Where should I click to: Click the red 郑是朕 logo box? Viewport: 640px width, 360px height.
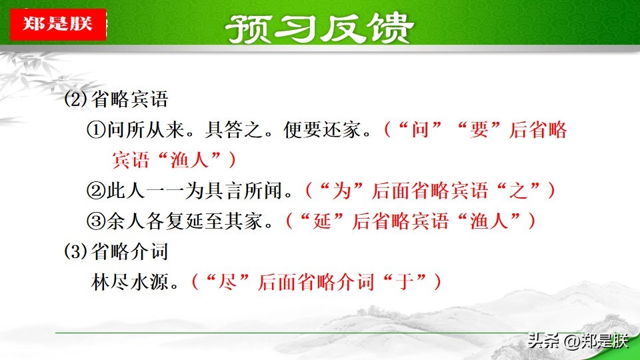tap(58, 24)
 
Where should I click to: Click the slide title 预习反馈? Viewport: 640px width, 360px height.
tap(319, 28)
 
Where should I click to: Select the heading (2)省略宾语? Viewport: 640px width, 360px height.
tap(116, 99)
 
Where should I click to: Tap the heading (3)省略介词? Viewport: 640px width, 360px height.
tap(116, 251)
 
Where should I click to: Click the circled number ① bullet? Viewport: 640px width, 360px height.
tap(96, 130)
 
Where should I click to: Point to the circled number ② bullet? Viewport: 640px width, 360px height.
tap(96, 191)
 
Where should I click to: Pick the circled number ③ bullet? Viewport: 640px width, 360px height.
tap(96, 221)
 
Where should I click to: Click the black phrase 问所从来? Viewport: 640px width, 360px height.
tap(146, 130)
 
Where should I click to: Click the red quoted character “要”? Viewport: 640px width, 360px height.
tap(479, 130)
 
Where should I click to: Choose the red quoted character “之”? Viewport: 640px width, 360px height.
tap(519, 191)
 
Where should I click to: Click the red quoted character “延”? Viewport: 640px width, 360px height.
tap(322, 221)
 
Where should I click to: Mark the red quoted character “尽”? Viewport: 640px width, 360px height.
tap(228, 281)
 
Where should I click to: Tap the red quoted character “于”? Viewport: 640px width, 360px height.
tap(405, 281)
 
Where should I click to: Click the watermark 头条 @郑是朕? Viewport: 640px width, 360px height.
tap(577, 341)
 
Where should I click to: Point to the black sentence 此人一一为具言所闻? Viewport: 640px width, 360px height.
tap(194, 191)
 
